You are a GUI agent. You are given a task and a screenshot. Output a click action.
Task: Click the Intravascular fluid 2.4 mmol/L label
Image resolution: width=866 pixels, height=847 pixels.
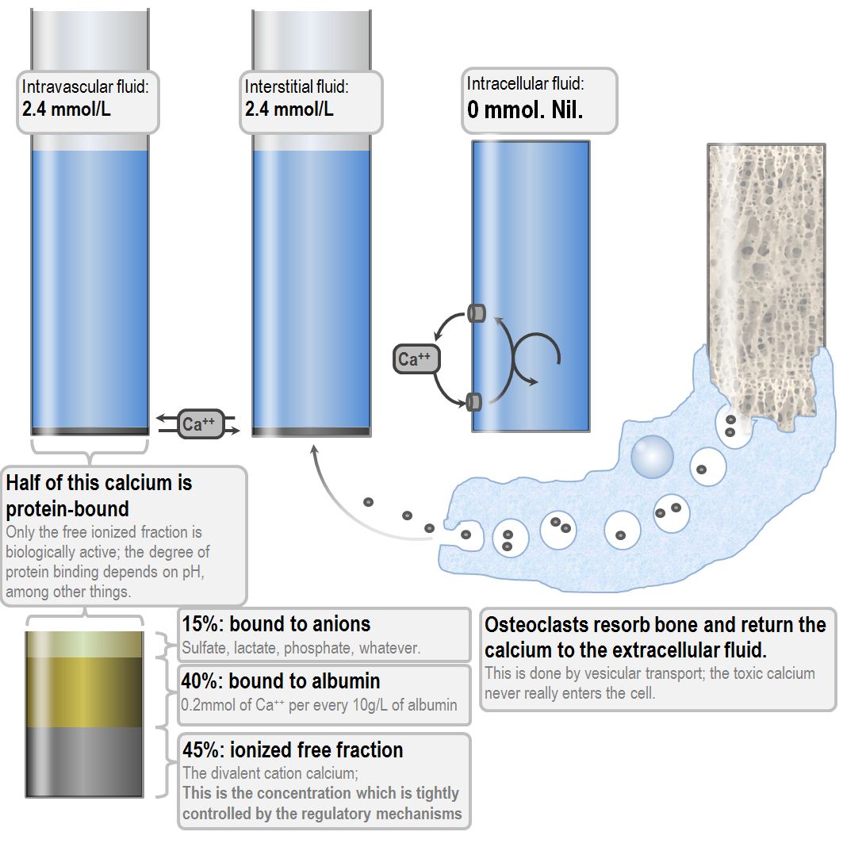[88, 102]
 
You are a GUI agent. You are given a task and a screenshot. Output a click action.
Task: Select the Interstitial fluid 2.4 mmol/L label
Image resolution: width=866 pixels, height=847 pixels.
[311, 102]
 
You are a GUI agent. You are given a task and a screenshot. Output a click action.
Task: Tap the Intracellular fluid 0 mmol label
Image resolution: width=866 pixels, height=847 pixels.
[539, 101]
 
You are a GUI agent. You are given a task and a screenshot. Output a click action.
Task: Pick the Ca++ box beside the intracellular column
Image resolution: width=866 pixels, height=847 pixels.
[416, 359]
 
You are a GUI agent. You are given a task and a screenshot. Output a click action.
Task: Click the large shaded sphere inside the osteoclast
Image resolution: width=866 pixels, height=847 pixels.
[652, 457]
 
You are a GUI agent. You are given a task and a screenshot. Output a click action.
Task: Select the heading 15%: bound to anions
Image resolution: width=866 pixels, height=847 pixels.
[276, 624]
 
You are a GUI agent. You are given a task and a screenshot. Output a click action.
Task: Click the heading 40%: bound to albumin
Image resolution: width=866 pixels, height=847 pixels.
[281, 680]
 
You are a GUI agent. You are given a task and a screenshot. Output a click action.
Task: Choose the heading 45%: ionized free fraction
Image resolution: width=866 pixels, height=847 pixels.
[293, 749]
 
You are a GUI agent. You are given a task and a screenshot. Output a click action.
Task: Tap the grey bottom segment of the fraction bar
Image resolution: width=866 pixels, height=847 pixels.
[85, 762]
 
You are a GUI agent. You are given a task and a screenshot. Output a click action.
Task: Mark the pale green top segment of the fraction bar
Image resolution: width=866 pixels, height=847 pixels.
[85, 644]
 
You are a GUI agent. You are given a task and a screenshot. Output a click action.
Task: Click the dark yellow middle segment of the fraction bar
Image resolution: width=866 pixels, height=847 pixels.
[85, 692]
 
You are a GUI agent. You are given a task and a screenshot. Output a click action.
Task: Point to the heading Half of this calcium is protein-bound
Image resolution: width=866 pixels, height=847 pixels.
[99, 496]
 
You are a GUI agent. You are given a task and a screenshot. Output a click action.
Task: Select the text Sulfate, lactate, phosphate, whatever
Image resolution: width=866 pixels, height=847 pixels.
[301, 648]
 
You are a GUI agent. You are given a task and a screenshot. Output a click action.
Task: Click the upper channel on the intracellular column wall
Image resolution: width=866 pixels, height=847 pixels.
[477, 313]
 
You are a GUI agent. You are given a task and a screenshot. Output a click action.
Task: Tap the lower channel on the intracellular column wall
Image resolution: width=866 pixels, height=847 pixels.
[474, 401]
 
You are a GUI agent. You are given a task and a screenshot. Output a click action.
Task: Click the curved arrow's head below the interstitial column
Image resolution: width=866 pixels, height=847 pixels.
[314, 450]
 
